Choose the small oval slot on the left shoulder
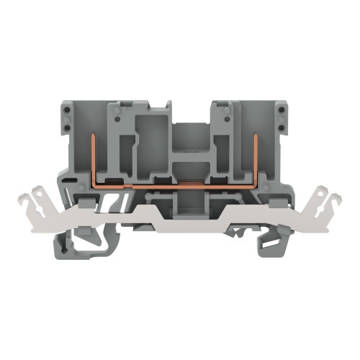tap(69, 177)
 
